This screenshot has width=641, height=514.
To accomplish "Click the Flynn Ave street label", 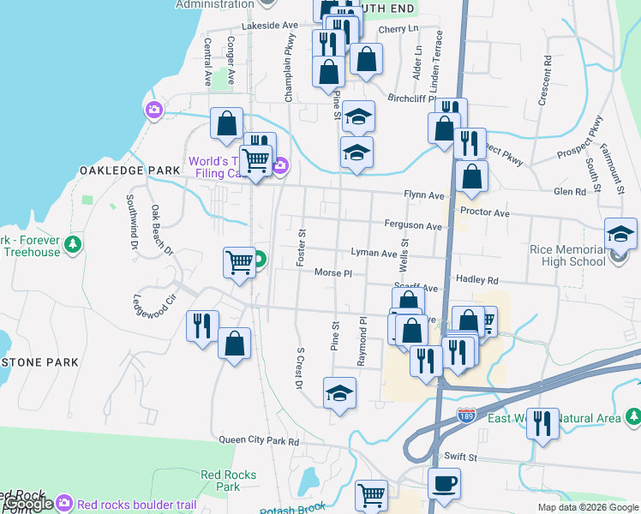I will coord(427,195).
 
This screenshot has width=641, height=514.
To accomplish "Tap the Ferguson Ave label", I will coord(413,226).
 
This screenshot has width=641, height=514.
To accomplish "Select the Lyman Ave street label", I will coord(374,254).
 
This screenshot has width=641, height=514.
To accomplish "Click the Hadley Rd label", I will coord(477,280).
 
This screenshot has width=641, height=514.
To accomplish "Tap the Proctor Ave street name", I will coord(484,212).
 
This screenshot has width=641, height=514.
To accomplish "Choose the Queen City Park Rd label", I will coord(259,441).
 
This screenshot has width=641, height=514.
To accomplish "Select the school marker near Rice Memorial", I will coord(620,233).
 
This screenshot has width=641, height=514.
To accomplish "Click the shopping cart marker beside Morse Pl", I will coord(239,262).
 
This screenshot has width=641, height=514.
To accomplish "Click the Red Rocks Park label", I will coord(221,480).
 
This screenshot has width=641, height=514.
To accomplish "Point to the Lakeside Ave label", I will coord(269,26).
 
